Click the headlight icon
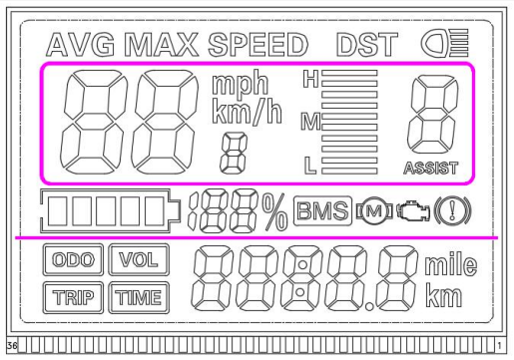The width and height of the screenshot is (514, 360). [x=436, y=44]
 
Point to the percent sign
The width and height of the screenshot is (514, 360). [x=273, y=211]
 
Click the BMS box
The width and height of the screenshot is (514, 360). [x=322, y=211]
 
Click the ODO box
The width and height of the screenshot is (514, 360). [x=71, y=261]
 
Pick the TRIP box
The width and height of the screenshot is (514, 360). [x=71, y=295]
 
